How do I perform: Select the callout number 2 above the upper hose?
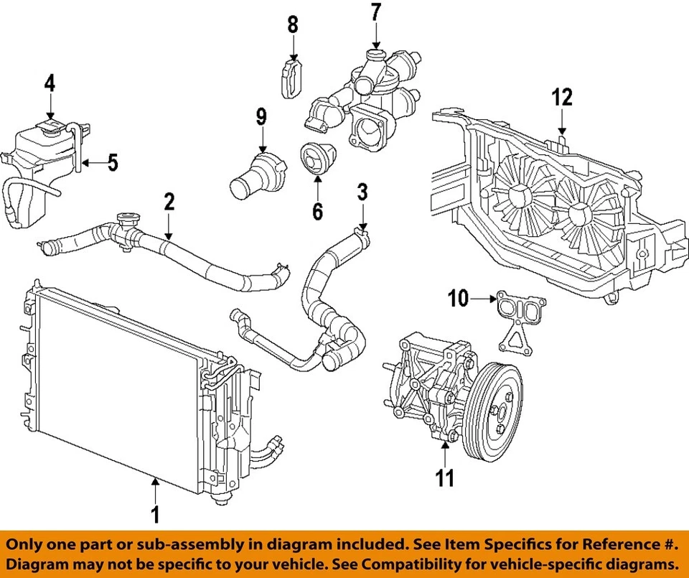(x=169, y=202)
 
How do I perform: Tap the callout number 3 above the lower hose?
(x=362, y=192)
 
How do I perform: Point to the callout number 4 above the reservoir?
(x=50, y=84)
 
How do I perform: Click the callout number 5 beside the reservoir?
(x=112, y=163)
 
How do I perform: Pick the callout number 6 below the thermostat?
(x=317, y=211)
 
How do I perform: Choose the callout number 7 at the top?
(x=376, y=13)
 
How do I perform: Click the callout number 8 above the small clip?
(x=293, y=25)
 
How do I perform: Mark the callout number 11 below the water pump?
(x=446, y=477)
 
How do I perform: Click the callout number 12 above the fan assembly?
(x=563, y=96)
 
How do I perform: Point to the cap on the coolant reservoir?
(x=51, y=127)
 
